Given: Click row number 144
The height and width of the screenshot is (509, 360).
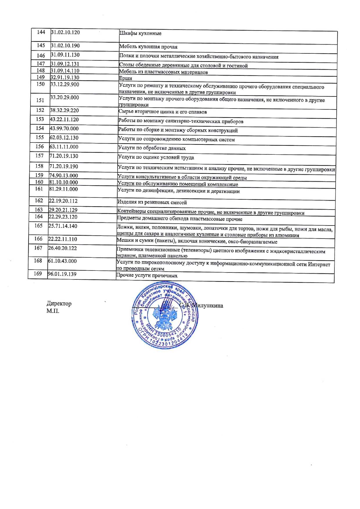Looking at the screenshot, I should [41, 32].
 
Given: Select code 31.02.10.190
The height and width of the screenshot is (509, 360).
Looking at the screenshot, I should [65, 46].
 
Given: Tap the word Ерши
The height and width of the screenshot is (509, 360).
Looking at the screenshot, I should [125, 78].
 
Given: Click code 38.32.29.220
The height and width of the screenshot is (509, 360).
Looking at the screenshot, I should [64, 110].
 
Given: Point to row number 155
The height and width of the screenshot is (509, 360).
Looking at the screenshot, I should [39, 137].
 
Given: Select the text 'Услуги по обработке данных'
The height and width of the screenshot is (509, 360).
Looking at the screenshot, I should [152, 148].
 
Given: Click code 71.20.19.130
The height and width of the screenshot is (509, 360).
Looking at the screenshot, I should [64, 156].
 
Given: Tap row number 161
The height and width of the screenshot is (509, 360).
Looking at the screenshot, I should [39, 189].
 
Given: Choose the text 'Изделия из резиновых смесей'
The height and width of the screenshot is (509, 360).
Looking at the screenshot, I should [152, 202].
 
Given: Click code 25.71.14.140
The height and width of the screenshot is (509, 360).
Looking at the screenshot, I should [63, 226].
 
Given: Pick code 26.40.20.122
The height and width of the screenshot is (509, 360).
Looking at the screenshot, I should [63, 248].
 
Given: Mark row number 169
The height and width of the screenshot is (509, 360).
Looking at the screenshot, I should [38, 273].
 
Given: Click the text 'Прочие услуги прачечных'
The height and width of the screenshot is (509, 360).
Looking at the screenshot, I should [147, 275].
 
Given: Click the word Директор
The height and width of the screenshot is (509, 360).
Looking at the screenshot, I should [59, 304].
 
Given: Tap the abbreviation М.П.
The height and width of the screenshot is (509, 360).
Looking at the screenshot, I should [53, 311].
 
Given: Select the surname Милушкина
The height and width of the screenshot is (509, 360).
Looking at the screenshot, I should [208, 306].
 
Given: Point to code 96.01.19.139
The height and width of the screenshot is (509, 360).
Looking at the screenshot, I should [62, 274].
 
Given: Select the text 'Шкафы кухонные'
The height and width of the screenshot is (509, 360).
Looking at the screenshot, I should [140, 33].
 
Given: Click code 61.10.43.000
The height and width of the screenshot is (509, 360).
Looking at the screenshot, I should [62, 261].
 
